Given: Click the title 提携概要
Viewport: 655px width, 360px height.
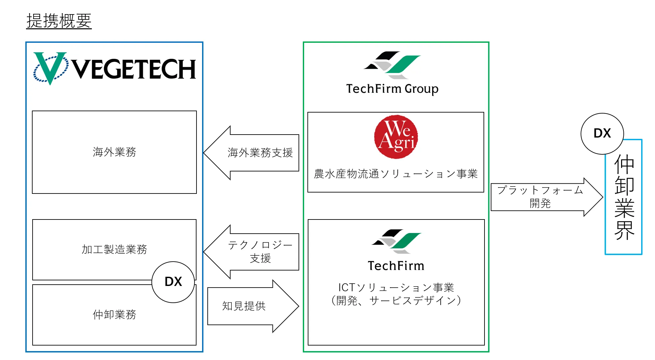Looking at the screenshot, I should coord(59,21).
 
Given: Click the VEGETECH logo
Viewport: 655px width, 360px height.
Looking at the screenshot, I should coord(115,68).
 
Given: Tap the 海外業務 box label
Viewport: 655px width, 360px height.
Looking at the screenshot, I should coord(114,152).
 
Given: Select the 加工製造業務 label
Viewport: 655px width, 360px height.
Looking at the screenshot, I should coord(114,249).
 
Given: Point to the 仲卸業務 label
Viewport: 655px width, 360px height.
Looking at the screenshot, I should coord(114,315).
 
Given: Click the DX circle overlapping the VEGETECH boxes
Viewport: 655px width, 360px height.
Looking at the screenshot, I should coord(173,282).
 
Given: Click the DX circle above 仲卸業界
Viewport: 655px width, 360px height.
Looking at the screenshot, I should coord(602,133).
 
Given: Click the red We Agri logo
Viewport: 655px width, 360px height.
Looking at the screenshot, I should coord(396,137).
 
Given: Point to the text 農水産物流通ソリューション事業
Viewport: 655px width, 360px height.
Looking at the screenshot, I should coord(396,174).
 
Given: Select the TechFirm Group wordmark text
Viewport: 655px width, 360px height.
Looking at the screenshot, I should coord(392,89).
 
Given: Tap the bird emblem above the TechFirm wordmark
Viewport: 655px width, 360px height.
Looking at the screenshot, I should coord(396,241).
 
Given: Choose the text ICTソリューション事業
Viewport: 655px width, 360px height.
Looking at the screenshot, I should coord(396,288).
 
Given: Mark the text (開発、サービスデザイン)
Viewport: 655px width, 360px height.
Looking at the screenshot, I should coord(396,300).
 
